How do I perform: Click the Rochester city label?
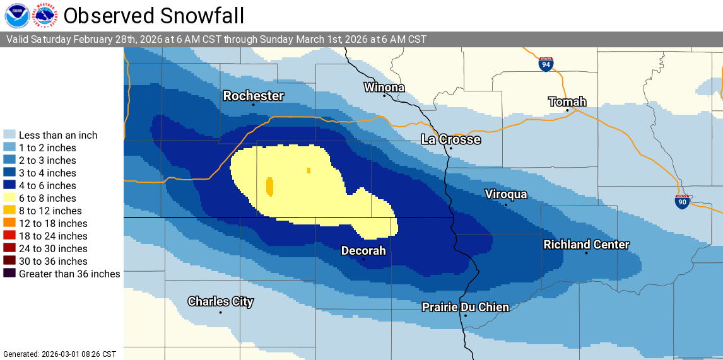click(x=254, y=96)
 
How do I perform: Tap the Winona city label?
click(x=384, y=87)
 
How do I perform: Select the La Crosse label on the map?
click(x=450, y=139)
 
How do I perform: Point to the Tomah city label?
click(x=567, y=102)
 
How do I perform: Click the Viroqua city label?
click(x=505, y=194)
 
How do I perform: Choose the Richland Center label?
click(x=586, y=245)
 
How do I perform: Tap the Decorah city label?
click(x=363, y=250)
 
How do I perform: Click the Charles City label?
click(x=220, y=301)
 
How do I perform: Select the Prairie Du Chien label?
click(x=465, y=307)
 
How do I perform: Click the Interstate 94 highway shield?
click(x=546, y=64)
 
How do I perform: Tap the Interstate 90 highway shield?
click(x=681, y=202)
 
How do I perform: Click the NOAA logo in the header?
click(x=17, y=15)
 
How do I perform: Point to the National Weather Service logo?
click(x=45, y=15)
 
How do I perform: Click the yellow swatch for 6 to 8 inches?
click(x=9, y=198)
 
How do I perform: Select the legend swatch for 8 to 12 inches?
click(x=9, y=211)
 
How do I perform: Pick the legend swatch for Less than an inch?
click(x=9, y=135)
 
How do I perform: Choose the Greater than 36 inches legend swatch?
click(x=9, y=274)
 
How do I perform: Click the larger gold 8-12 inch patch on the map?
click(x=269, y=186)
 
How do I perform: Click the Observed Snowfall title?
click(x=154, y=15)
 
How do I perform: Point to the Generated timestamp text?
click(x=60, y=354)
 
